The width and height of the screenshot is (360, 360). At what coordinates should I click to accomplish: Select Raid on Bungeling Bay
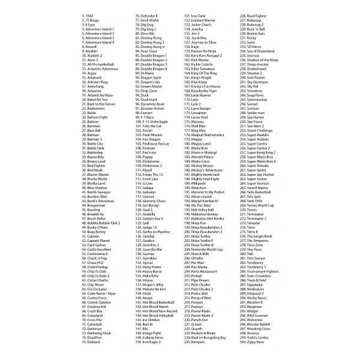click(205, 338)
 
